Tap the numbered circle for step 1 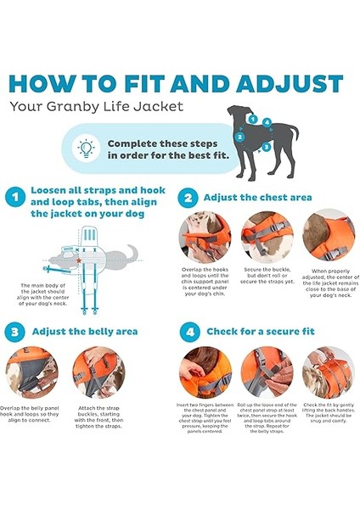pyautogui.click(x=14, y=197)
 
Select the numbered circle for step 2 pyautogui.click(x=188, y=197)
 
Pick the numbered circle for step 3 pyautogui.click(x=14, y=331)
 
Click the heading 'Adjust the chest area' pyautogui.click(x=258, y=197)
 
